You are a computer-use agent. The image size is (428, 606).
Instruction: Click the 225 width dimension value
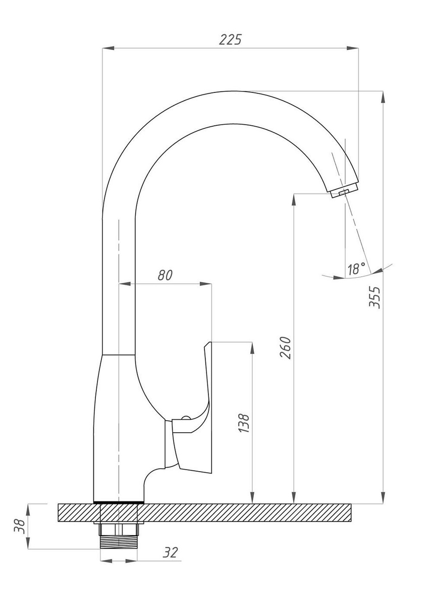pos(230,40)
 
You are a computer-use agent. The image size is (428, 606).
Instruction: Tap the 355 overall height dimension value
pos(375,297)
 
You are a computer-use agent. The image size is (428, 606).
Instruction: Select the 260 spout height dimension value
pos(286,347)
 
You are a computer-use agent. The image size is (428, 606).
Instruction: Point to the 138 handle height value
pos(244,423)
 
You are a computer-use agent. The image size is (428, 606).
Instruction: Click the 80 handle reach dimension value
pos(165,275)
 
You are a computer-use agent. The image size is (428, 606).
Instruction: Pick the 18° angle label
pos(356,269)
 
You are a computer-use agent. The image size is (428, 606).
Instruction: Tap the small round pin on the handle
pos(186,418)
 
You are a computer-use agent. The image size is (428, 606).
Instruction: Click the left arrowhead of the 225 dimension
pos(108,48)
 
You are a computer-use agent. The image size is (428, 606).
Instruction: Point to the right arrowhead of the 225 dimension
pos(353,48)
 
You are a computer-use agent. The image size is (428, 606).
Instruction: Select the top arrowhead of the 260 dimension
pos(294,199)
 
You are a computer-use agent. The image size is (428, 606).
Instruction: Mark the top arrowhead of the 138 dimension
pos(252,348)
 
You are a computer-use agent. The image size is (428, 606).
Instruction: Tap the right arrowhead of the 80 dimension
pos(206,284)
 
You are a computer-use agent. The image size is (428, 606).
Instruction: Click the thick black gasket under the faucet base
pos(119,502)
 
